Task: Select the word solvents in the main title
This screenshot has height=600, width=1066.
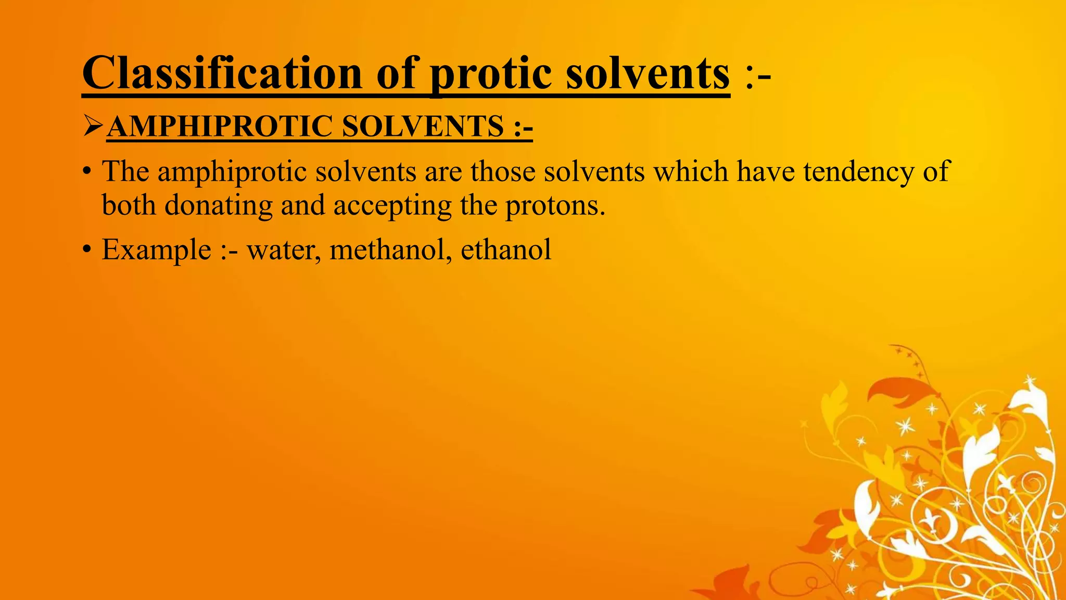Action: pos(648,73)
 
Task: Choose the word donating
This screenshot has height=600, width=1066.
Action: pos(219,205)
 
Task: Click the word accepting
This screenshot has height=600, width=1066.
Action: pos(392,205)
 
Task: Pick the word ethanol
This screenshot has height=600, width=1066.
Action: pos(506,249)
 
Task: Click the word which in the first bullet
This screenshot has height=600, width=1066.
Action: pos(691,172)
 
